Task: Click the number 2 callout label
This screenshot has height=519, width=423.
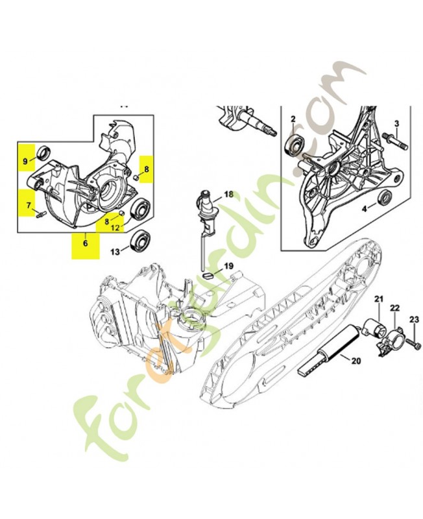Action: pos(293,119)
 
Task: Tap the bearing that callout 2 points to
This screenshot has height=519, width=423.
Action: pos(296,145)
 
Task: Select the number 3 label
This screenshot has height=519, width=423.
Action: pos(396,124)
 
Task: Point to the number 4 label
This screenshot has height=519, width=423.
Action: pos(364,209)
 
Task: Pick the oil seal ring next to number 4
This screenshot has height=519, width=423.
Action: pos(385,199)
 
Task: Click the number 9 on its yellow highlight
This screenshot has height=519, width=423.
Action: pos(25,162)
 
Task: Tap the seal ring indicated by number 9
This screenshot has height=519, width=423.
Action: pos(44,152)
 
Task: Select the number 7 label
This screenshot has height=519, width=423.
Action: pos(29,206)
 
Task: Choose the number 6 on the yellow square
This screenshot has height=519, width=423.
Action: pos(86,243)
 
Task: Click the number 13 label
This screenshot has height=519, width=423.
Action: pos(115,252)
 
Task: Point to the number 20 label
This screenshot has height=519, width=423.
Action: pos(356,361)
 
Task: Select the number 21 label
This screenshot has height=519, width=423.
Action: pos(379,300)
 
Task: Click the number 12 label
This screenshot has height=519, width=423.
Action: pos(115,228)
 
